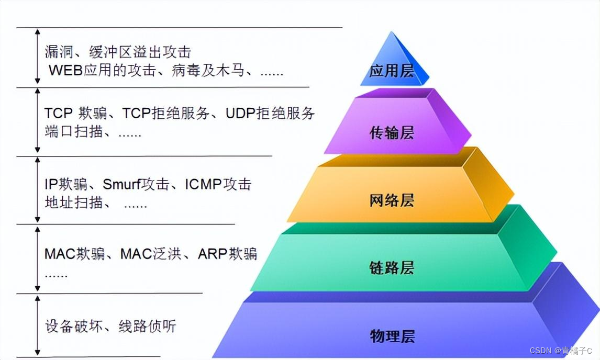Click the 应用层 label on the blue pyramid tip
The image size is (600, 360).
[392, 71]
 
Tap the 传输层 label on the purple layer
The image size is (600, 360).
[392, 133]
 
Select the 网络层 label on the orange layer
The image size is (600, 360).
[392, 200]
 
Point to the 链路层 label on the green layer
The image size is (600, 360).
[392, 268]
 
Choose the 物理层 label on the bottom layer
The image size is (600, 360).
[392, 336]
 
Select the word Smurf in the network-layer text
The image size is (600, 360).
[122, 184]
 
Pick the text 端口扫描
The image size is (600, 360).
[73, 132]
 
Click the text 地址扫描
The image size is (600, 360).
[73, 203]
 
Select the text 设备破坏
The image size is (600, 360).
[73, 327]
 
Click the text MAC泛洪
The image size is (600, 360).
[151, 254]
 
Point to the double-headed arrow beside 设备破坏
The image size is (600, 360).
[37, 325]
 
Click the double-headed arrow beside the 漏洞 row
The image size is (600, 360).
[37, 56]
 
